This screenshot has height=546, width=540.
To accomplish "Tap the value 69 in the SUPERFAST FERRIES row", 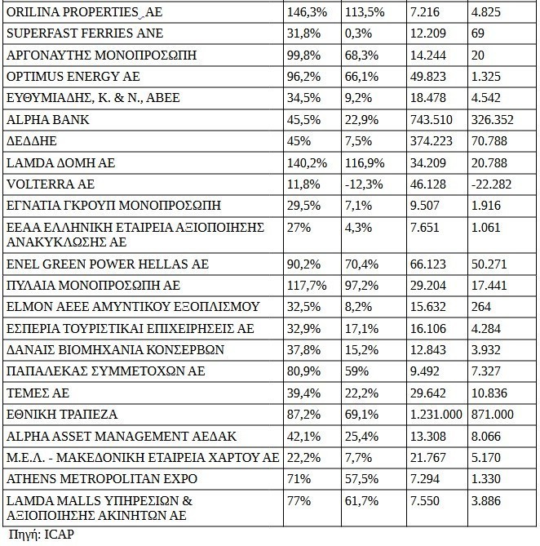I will coord(478,35).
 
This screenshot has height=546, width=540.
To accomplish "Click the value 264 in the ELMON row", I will coord(480,308).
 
